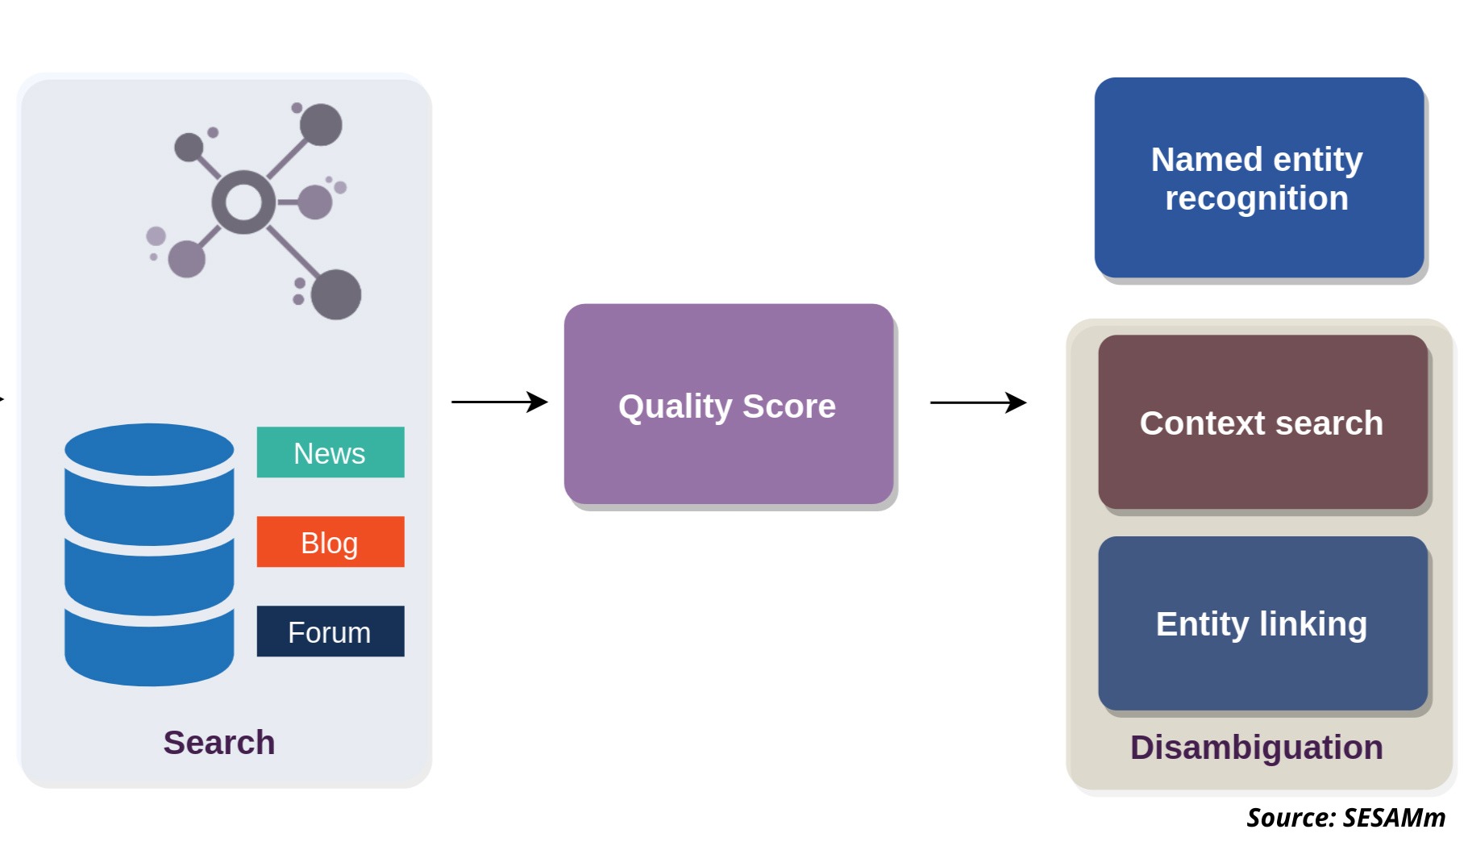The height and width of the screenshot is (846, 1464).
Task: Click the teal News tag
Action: [x=331, y=452]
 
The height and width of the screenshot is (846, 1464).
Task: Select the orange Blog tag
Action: [x=331, y=542]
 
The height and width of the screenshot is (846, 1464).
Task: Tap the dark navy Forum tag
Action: [x=331, y=631]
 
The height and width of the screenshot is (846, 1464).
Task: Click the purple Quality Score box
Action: [x=729, y=404]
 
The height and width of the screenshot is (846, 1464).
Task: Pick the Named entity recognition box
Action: [x=1259, y=177]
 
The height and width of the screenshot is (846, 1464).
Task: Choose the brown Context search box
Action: [x=1262, y=422]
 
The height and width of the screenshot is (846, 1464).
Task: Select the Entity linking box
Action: [x=1262, y=623]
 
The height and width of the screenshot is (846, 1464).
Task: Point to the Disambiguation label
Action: [x=1256, y=748]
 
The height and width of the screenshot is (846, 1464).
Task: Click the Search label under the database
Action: [x=219, y=743]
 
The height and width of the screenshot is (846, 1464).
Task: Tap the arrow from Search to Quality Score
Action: [x=500, y=402]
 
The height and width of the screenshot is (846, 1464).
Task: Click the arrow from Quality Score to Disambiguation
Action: [x=979, y=402]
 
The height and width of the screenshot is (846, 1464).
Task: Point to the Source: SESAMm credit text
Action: [x=1346, y=818]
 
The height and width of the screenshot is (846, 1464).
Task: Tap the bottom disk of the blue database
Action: [x=149, y=649]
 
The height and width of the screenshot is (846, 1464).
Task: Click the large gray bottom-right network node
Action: [x=336, y=294]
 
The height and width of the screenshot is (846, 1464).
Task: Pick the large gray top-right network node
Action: [x=321, y=125]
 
